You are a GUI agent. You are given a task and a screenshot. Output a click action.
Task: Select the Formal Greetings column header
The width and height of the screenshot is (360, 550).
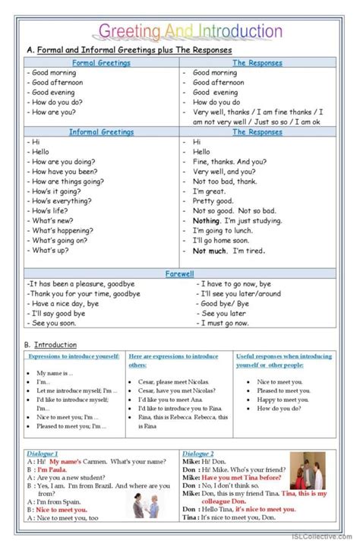coord(100,63)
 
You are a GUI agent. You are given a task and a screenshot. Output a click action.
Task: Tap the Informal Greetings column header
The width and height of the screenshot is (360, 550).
coord(100,132)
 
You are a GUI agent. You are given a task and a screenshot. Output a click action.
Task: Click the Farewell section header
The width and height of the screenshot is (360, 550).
coord(180,272)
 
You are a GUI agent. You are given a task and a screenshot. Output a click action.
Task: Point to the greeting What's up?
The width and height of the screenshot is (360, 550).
coord(52,250)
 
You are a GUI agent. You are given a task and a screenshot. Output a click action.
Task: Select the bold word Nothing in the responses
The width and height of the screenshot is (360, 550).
coord(206,220)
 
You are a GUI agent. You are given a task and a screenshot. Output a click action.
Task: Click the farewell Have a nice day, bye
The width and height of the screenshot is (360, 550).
coord(66,303)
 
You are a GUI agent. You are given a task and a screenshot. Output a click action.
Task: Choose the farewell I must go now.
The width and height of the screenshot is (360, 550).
coord(224,323)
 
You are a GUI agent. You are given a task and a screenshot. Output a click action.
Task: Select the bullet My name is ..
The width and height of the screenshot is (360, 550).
coord(55,373)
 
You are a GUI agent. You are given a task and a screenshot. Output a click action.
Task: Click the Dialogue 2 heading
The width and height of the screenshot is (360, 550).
coord(199,453)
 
